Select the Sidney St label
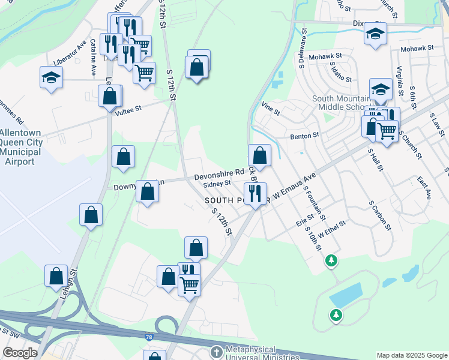(217, 184)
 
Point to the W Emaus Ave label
(295, 185)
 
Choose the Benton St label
(304, 136)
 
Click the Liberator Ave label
(70, 54)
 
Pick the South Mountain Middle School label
(341, 103)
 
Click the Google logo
(20, 353)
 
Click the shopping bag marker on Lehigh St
(56, 276)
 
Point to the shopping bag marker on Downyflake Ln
(148, 191)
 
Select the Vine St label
(271, 111)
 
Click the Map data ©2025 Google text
(411, 355)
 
